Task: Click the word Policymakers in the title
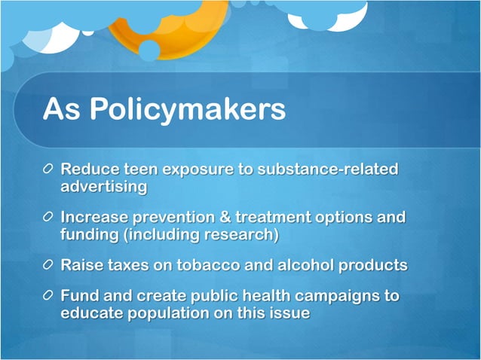(187, 110)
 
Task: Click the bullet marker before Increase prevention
(49, 218)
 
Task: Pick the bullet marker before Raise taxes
(49, 266)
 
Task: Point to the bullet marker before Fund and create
(49, 296)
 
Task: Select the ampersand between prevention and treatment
(222, 218)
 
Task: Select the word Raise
(82, 266)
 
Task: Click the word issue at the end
(287, 313)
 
